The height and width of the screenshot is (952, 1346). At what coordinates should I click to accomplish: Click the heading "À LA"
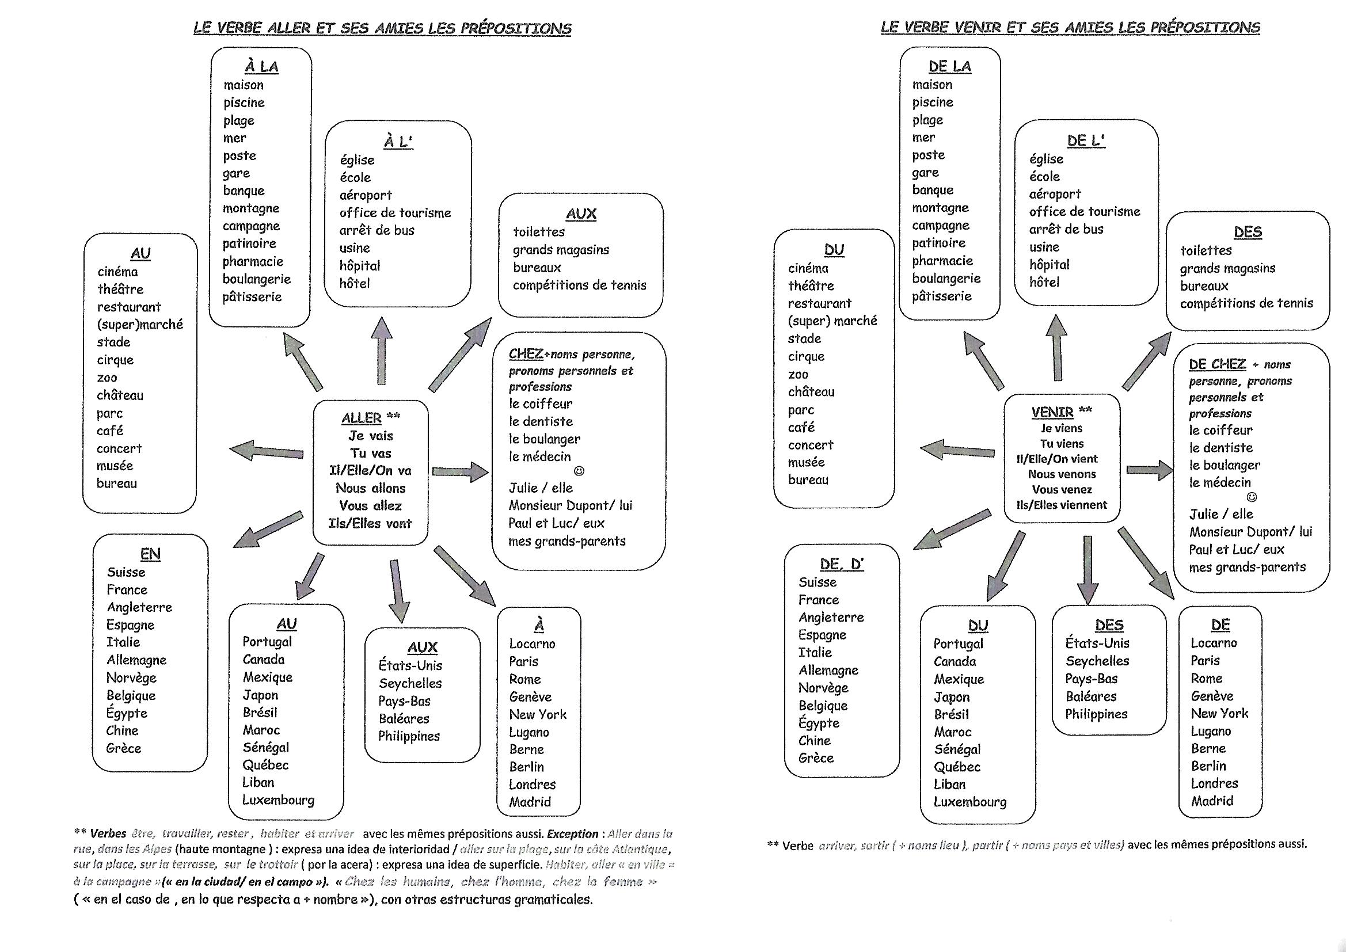[261, 66]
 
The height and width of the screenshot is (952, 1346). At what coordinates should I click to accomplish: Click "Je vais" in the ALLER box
[371, 436]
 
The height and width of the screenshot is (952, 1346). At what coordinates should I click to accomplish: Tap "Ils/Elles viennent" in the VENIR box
[1062, 505]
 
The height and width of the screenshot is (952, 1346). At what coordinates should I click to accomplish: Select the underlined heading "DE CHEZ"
[1217, 364]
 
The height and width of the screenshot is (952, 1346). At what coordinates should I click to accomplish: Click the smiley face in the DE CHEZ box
[1252, 497]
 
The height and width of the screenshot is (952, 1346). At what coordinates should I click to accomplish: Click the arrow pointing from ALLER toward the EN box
[268, 530]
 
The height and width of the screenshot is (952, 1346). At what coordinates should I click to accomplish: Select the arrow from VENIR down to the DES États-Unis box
[1088, 569]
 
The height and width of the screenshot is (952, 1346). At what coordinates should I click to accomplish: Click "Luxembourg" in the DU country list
[969, 802]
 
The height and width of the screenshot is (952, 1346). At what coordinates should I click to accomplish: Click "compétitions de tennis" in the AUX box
[579, 285]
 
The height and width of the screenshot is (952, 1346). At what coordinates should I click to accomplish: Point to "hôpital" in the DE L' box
[1050, 264]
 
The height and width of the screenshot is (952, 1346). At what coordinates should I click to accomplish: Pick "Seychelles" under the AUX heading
[410, 684]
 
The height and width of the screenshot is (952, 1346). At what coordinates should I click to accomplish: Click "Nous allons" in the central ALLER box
[371, 488]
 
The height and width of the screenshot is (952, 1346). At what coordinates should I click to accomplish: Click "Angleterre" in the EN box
[139, 607]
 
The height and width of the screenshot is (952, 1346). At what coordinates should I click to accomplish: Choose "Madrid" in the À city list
[530, 802]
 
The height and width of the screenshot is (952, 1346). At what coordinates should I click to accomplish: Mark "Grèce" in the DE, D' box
[815, 758]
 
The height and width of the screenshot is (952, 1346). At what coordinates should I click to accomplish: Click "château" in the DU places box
[811, 391]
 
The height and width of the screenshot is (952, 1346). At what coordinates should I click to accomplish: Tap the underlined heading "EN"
[150, 554]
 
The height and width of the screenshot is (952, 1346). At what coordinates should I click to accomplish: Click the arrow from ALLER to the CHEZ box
[460, 471]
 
